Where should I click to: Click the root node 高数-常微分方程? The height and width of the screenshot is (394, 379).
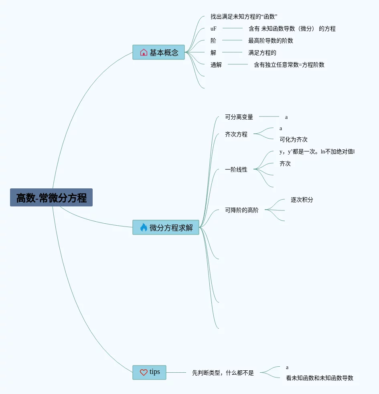(51, 198)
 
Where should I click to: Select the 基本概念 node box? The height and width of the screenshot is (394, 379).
(159, 52)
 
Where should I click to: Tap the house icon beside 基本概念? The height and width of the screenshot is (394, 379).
(144, 52)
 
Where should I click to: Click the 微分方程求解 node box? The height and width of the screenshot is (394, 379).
(166, 227)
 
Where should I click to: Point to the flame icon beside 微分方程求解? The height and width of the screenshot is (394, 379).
(144, 227)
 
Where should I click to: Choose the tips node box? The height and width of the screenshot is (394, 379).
(149, 372)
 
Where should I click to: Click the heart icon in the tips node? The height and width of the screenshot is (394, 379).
(144, 372)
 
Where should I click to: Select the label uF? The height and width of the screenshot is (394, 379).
(213, 29)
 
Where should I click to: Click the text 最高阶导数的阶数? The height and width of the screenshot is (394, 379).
(271, 41)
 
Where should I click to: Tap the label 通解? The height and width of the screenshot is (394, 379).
(216, 65)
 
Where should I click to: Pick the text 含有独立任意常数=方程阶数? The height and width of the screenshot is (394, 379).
(289, 65)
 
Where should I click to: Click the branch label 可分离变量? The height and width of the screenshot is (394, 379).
(239, 117)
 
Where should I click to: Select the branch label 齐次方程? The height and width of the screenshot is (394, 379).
(236, 135)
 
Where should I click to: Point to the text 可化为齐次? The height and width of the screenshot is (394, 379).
(294, 140)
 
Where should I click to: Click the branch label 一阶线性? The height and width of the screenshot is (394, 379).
(236, 170)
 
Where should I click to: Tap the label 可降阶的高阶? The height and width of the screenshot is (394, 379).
(242, 210)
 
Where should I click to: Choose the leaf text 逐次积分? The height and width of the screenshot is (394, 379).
(302, 200)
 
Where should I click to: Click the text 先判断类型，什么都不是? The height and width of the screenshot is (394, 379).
(223, 373)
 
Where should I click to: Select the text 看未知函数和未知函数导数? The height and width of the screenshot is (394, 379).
(320, 378)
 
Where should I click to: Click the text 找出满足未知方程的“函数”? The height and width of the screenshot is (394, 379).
(244, 16)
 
